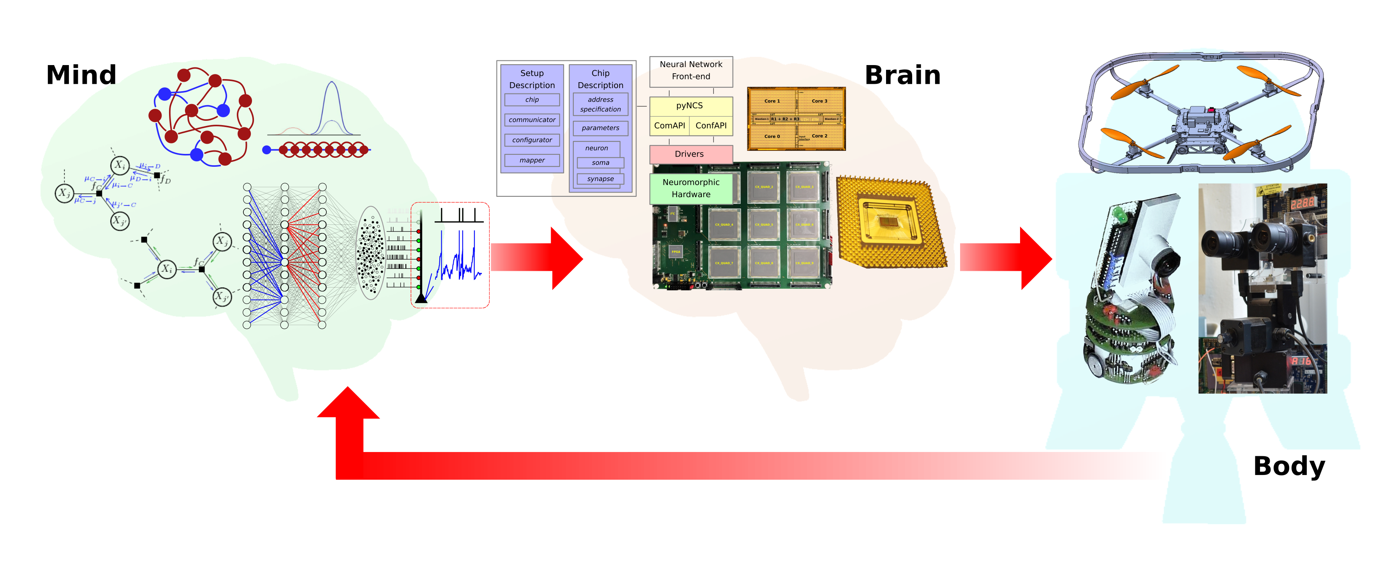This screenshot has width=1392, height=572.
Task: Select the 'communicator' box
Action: coord(532,120)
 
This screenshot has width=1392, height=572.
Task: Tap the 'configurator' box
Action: coord(532,140)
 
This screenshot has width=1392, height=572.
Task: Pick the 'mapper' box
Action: coord(532,160)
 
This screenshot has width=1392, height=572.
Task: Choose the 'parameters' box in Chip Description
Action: coord(600,128)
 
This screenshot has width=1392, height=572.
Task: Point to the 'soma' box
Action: coord(600,163)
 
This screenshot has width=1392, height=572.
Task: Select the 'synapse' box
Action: coord(600,179)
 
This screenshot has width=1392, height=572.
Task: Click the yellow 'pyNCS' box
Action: coord(690,106)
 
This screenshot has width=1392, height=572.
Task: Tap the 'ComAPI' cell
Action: coord(670,125)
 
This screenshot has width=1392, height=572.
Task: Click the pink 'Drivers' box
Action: coord(690,154)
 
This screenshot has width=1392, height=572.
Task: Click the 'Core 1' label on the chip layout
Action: coord(772,101)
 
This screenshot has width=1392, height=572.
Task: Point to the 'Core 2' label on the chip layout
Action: coord(819,136)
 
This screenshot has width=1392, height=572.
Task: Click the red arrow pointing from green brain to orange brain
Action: coord(535,258)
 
